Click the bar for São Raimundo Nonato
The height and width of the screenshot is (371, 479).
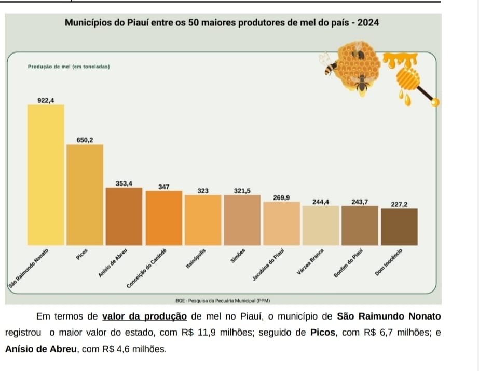[46, 175]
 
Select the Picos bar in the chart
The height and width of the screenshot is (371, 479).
[85, 195]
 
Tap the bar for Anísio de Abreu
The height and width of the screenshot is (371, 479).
[124, 216]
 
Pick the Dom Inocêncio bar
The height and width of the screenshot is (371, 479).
[399, 227]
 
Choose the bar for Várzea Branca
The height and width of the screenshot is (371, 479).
[321, 226]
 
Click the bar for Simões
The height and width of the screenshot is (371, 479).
[242, 220]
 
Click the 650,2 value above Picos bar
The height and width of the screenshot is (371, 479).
[85, 140]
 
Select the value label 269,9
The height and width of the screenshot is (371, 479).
[281, 198]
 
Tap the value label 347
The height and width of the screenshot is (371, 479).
[163, 186]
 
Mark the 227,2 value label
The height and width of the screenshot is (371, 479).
[399, 205]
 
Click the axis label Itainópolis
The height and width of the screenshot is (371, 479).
[196, 258]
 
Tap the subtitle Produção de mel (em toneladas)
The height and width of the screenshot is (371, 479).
[68, 68]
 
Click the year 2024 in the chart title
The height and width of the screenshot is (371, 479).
[368, 23]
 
